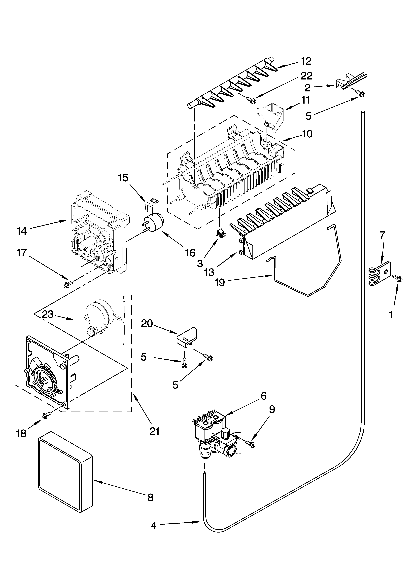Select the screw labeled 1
coord(398,279)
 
